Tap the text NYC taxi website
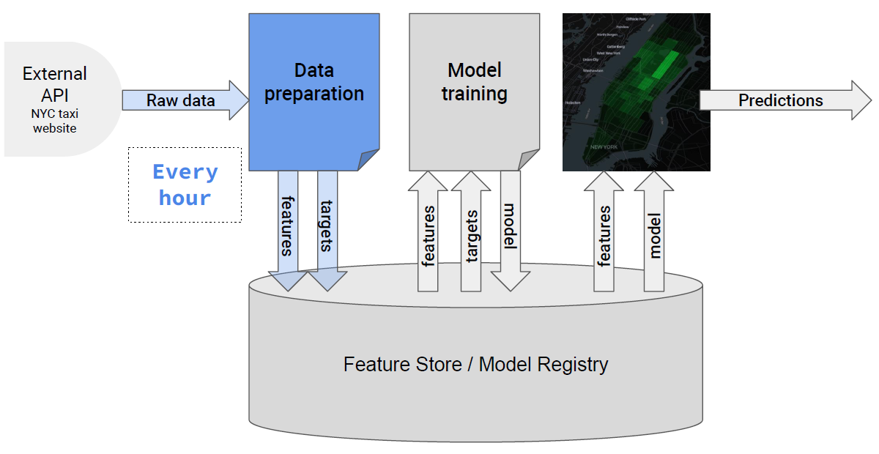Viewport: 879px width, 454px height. click(54, 121)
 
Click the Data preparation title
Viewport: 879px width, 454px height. click(314, 82)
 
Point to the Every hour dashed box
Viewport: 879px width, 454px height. click(185, 185)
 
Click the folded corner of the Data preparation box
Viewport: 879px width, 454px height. click(368, 159)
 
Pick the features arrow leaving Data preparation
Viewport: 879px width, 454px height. click(287, 227)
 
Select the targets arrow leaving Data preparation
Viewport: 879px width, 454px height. click(327, 227)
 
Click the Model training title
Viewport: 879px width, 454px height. click(475, 82)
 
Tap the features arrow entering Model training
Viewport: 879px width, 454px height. click(428, 234)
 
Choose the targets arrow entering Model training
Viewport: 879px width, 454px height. click(471, 234)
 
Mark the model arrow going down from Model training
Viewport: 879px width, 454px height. click(511, 227)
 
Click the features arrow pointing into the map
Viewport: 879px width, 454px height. click(604, 234)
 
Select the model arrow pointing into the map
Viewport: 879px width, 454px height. click(654, 234)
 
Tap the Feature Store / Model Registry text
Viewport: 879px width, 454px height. click(475, 364)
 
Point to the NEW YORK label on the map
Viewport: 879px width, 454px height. click(604, 147)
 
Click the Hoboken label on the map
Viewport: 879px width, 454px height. click(574, 103)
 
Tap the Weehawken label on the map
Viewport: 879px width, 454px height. click(593, 70)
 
